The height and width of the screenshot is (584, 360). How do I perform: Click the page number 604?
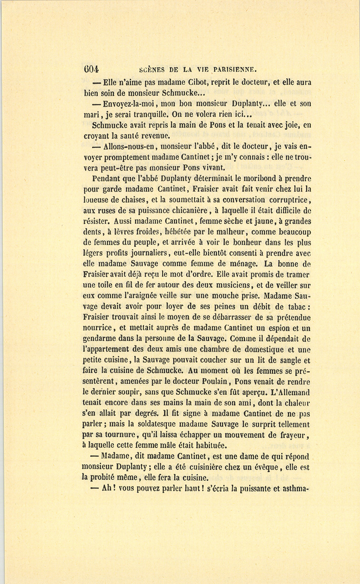(x=91, y=69)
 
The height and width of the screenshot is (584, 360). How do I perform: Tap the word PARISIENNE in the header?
(x=229, y=69)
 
